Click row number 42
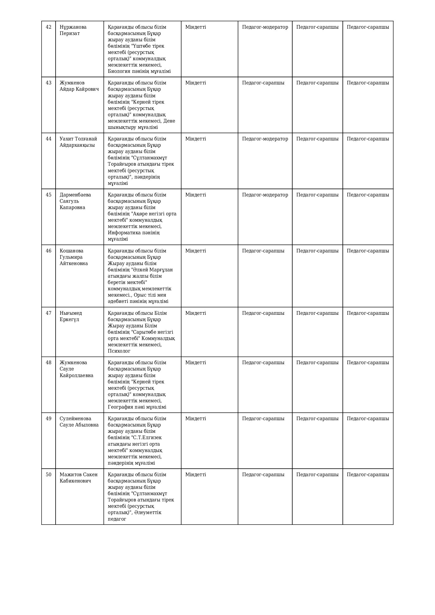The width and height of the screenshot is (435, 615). pos(48,27)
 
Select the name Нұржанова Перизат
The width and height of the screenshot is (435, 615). pos(73,30)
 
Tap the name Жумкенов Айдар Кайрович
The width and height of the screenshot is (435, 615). pos(79,86)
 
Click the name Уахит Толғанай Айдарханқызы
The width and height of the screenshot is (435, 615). pos(78,142)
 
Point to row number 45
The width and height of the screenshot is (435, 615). pos(48,195)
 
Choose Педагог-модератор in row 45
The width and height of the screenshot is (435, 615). pos(265,195)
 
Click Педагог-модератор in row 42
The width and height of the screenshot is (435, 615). pos(265,27)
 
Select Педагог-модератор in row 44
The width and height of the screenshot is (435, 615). pos(265,139)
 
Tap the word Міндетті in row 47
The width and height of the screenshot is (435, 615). pos(195,313)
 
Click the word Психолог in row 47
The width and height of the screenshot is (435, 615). pos(119,351)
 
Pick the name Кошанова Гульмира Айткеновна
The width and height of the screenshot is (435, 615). pos(74,257)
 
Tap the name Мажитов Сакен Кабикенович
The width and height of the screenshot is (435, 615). pos(78,477)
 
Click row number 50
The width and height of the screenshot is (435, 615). pos(48,475)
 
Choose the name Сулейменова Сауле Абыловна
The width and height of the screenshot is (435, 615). pos(79,421)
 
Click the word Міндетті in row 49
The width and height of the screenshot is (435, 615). pos(195,419)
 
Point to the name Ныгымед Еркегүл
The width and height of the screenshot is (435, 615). pos(71,316)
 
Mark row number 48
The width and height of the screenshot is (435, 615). pos(48,363)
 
